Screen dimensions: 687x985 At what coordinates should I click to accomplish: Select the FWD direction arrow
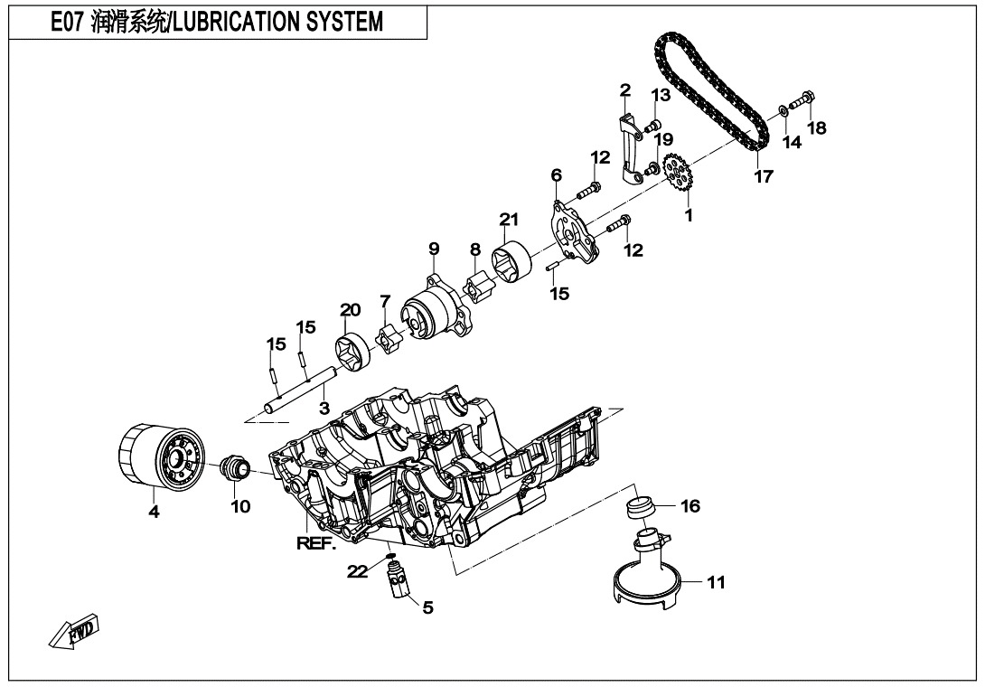click(77, 635)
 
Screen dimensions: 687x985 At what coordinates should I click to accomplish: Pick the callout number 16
click(689, 507)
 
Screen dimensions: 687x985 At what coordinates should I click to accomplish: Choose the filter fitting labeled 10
click(238, 469)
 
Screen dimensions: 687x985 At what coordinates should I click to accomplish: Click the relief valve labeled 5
click(396, 580)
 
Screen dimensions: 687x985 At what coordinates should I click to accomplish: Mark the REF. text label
click(315, 543)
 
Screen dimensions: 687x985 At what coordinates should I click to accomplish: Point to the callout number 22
click(358, 570)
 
